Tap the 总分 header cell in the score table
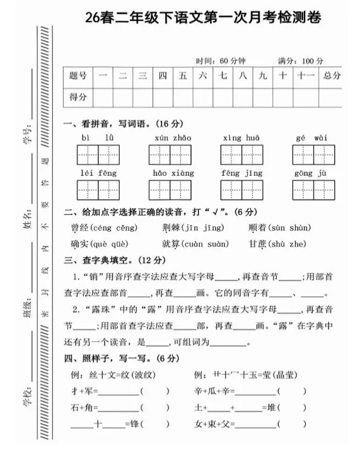pos(331,76)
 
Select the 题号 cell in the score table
pos(78,76)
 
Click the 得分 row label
pos(78,97)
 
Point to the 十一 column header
pos(305,76)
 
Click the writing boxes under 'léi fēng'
pos(98,189)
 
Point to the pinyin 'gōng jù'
pos(311,172)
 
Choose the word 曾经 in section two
pos(81,228)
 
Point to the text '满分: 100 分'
pos(301,61)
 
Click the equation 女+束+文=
pos(215,425)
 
